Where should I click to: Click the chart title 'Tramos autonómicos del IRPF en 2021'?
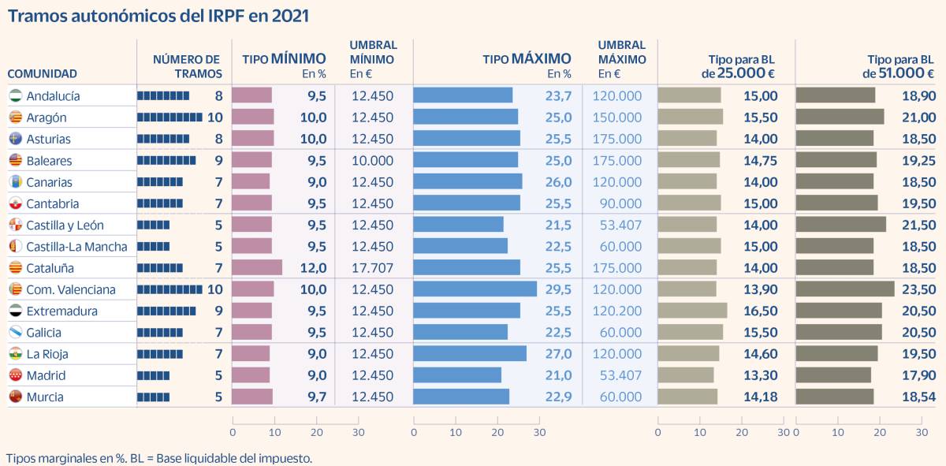tap(158, 16)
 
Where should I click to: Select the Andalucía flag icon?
tap(15, 96)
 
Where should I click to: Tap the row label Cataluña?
tap(50, 268)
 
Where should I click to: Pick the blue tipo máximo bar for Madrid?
tap(457, 375)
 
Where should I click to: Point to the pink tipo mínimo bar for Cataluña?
tap(257, 268)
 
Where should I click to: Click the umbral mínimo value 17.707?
tap(372, 268)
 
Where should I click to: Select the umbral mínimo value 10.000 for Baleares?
tap(372, 161)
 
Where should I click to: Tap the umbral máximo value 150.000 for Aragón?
tap(620, 117)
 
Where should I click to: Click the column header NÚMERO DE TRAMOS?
tap(187, 66)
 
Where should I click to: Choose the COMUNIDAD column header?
tap(43, 74)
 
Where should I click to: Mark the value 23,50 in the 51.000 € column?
tap(919, 289)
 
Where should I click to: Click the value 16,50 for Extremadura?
tap(760, 311)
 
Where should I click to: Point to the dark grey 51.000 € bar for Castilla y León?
tap(840, 225)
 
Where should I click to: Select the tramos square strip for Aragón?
tap(169, 117)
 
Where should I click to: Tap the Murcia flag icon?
tap(15, 397)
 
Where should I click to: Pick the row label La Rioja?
tap(47, 354)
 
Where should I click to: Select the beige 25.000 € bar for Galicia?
tap(690, 333)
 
